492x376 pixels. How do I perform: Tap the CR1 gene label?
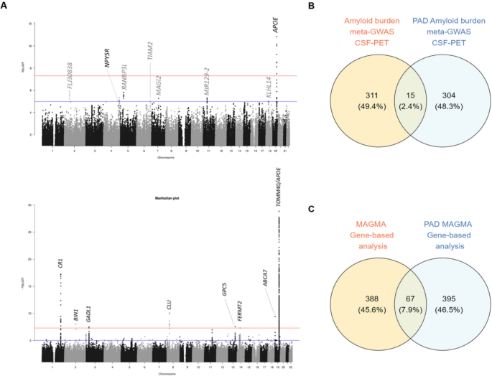pyautogui.click(x=60, y=263)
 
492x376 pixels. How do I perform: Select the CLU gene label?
pyautogui.click(x=169, y=304)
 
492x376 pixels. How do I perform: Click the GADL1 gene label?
pyautogui.click(x=89, y=313)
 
